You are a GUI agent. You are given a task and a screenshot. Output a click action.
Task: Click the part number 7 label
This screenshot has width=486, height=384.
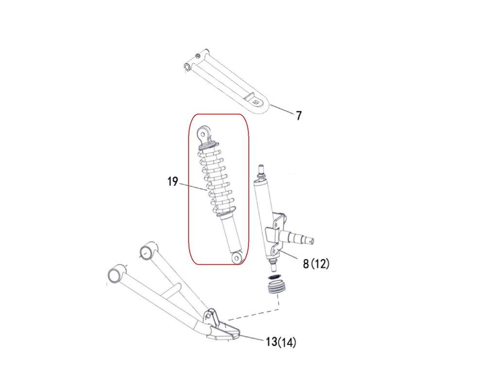click(298, 116)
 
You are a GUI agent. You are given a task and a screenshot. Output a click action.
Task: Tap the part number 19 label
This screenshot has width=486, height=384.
click(173, 181)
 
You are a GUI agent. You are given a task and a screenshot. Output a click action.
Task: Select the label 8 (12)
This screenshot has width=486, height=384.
click(316, 264)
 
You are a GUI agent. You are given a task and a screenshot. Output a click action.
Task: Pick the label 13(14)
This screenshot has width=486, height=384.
click(281, 342)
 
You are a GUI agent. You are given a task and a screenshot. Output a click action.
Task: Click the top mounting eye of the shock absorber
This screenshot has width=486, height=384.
click(204, 134)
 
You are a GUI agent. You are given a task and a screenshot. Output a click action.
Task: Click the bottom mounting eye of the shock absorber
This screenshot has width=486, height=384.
click(238, 257)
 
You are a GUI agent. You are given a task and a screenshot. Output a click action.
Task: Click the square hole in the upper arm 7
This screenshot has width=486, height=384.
click(256, 102)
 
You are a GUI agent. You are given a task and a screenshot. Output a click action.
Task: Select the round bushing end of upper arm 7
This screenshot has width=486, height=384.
click(188, 67)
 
